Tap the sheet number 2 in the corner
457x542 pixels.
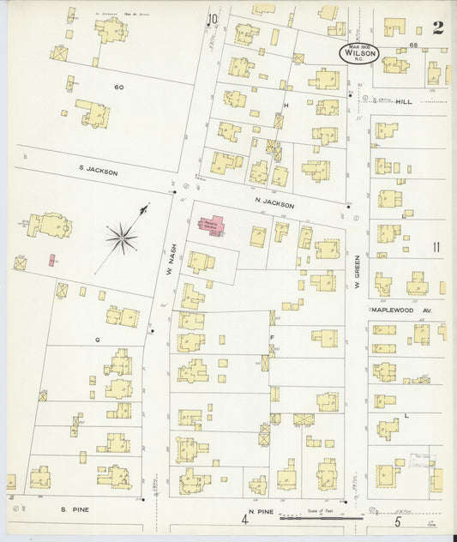point(438,27)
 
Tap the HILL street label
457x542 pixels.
point(404,101)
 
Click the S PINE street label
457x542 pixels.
point(75,509)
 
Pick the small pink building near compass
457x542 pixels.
point(52,259)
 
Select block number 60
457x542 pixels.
point(118,87)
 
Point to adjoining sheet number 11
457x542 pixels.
point(437,248)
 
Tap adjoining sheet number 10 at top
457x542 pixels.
point(212,19)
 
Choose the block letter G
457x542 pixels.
point(98,340)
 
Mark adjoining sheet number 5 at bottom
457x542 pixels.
point(398,521)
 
